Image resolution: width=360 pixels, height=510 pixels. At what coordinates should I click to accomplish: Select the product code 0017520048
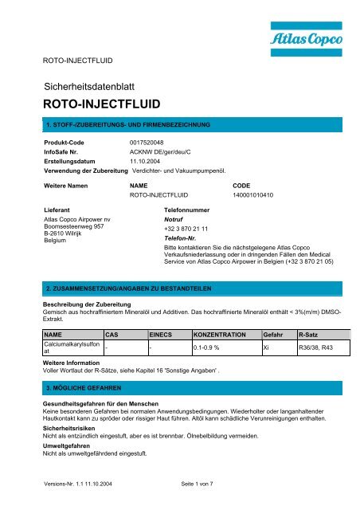pyautogui.click(x=151, y=141)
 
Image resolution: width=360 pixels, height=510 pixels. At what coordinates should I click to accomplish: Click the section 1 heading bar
pyautogui.click(x=180, y=125)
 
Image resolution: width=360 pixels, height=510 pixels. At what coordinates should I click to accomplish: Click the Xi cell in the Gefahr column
pyautogui.click(x=268, y=348)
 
